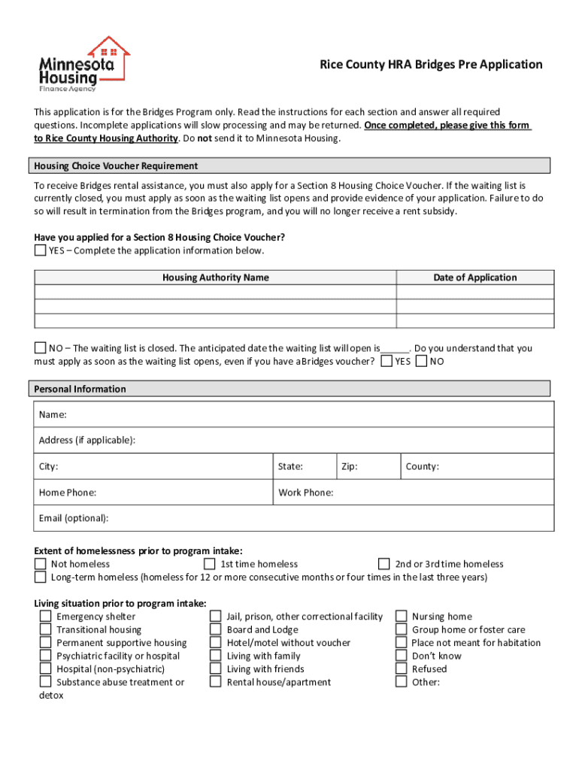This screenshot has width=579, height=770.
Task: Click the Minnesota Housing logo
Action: click(x=83, y=64)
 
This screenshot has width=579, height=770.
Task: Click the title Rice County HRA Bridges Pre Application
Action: click(x=431, y=65)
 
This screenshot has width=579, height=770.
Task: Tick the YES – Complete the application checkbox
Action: click(x=41, y=250)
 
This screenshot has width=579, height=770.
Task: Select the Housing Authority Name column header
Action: click(x=215, y=277)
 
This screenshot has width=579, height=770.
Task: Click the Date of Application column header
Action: click(x=474, y=277)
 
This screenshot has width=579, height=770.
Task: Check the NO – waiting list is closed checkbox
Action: click(x=41, y=348)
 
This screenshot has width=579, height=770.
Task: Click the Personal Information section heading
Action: click(x=80, y=389)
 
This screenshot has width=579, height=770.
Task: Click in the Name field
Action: click(x=301, y=415)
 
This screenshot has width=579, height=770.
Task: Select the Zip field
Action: click(x=376, y=466)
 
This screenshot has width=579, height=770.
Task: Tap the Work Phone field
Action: click(x=436, y=493)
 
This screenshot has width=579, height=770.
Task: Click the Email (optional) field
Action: click(x=301, y=518)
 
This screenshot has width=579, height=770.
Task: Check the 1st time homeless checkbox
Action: click(x=211, y=564)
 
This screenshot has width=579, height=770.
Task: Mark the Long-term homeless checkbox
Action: click(x=40, y=577)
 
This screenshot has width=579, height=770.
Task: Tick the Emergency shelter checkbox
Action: click(x=46, y=617)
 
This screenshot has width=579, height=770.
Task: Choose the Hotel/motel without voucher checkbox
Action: click(x=215, y=643)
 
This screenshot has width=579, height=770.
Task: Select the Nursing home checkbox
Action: click(x=401, y=617)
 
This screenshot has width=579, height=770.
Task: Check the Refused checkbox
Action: click(x=401, y=669)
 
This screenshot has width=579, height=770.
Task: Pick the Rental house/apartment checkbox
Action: click(x=215, y=682)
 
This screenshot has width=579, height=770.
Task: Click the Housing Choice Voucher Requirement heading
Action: click(x=116, y=165)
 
